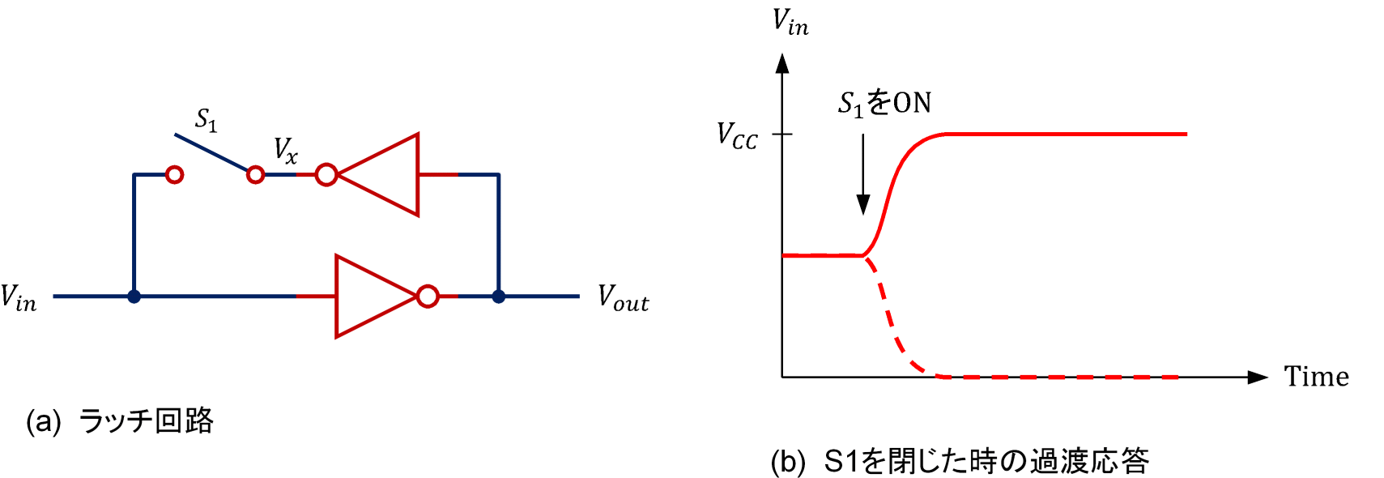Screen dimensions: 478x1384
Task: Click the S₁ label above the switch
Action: pyautogui.click(x=207, y=120)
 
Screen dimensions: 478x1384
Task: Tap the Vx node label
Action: pyautogui.click(x=285, y=150)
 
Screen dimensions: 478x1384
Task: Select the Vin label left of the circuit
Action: pyautogui.click(x=19, y=297)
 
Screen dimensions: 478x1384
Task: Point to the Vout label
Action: pyautogui.click(x=623, y=297)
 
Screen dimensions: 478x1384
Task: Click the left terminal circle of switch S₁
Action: pyautogui.click(x=174, y=174)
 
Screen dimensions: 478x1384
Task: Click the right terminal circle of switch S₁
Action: pyautogui.click(x=255, y=174)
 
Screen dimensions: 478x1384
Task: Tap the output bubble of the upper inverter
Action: pyautogui.click(x=326, y=174)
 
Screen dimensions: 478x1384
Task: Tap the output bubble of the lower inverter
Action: pyautogui.click(x=428, y=297)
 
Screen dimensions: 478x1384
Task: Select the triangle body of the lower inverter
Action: pyautogui.click(x=368, y=297)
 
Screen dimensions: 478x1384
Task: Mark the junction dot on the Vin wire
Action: pyautogui.click(x=134, y=297)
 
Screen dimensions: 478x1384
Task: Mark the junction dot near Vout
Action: pyautogui.click(x=499, y=297)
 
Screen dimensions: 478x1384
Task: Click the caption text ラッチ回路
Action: pyautogui.click(x=147, y=421)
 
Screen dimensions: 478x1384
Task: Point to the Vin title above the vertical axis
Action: pyautogui.click(x=790, y=22)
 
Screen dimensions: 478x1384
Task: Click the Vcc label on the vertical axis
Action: pyautogui.click(x=737, y=135)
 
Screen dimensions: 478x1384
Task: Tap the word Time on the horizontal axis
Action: pyautogui.click(x=1316, y=377)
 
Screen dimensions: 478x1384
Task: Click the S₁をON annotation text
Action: pyautogui.click(x=884, y=103)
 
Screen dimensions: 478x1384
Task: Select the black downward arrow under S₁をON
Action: pyautogui.click(x=863, y=174)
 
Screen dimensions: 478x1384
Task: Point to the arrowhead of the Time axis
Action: pyautogui.click(x=1258, y=377)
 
